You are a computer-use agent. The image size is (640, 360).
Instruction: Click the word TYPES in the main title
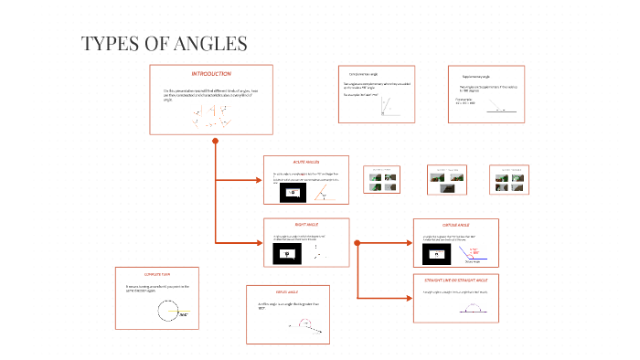click(108, 44)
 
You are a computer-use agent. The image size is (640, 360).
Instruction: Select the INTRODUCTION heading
click(211, 73)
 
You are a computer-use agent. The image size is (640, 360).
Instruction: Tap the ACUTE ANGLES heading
click(305, 162)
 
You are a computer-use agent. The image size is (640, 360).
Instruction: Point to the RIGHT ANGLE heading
click(305, 224)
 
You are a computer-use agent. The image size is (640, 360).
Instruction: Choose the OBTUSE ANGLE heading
click(456, 224)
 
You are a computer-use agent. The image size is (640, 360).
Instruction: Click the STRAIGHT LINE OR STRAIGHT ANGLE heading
click(455, 280)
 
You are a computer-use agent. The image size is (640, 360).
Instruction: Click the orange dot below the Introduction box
click(215, 142)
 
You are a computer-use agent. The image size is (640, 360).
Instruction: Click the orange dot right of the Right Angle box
click(357, 242)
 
